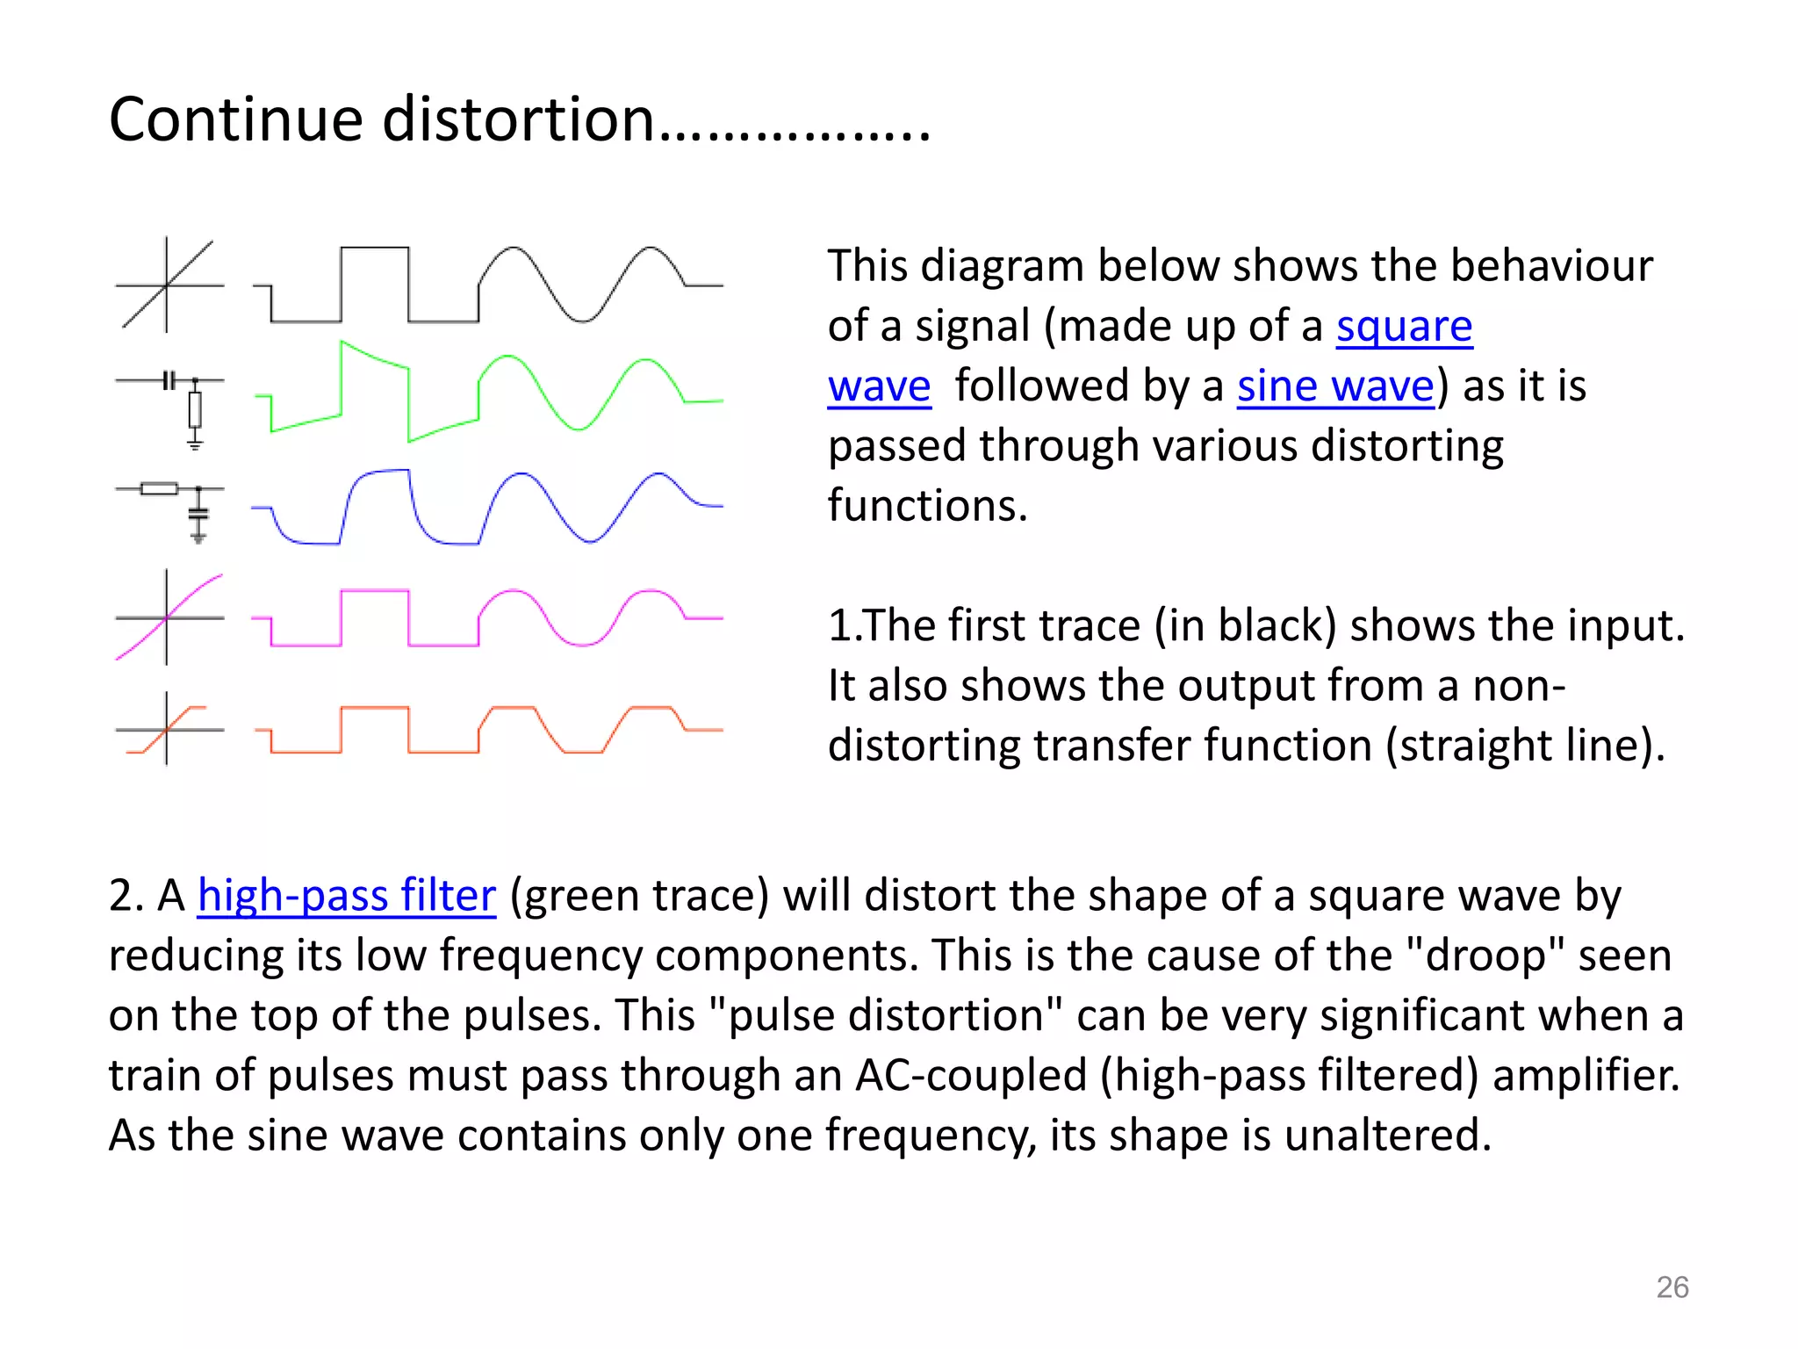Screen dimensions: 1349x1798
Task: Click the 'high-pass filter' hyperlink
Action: pyautogui.click(x=346, y=896)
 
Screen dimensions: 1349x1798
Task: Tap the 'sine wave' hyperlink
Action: pyautogui.click(x=1335, y=386)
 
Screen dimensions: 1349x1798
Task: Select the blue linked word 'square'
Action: pyautogui.click(x=1404, y=327)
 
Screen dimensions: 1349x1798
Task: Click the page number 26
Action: pyautogui.click(x=1672, y=1288)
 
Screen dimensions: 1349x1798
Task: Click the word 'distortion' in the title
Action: pyautogui.click(x=518, y=119)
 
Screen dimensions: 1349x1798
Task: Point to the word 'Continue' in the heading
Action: pyautogui.click(x=235, y=119)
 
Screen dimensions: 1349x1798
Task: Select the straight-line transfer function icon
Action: pyautogui.click(x=169, y=285)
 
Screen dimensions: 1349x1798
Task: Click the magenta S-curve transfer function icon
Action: pyautogui.click(x=169, y=617)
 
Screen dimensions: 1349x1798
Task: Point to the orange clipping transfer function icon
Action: pyautogui.click(x=169, y=729)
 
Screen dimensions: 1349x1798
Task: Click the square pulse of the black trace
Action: pyautogui.click(x=375, y=249)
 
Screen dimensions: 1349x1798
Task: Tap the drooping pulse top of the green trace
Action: pyautogui.click(x=375, y=355)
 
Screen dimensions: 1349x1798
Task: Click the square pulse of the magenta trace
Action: pyautogui.click(x=375, y=593)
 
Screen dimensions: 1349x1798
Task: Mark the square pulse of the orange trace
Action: pyautogui.click(x=375, y=709)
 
